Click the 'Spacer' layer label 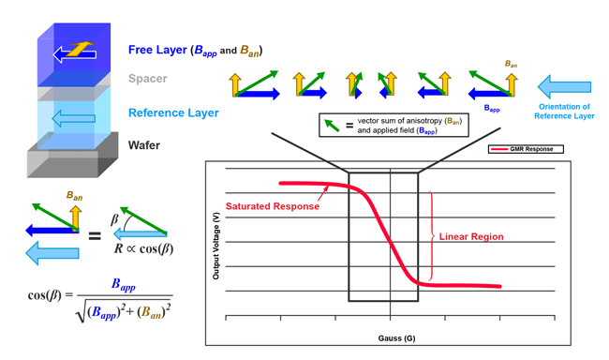click(148, 80)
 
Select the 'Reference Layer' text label click(173, 113)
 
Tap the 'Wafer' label click(144, 145)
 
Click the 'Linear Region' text click(471, 237)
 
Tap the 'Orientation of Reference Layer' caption click(563, 111)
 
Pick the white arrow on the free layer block click(75, 53)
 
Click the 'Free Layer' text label click(157, 49)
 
